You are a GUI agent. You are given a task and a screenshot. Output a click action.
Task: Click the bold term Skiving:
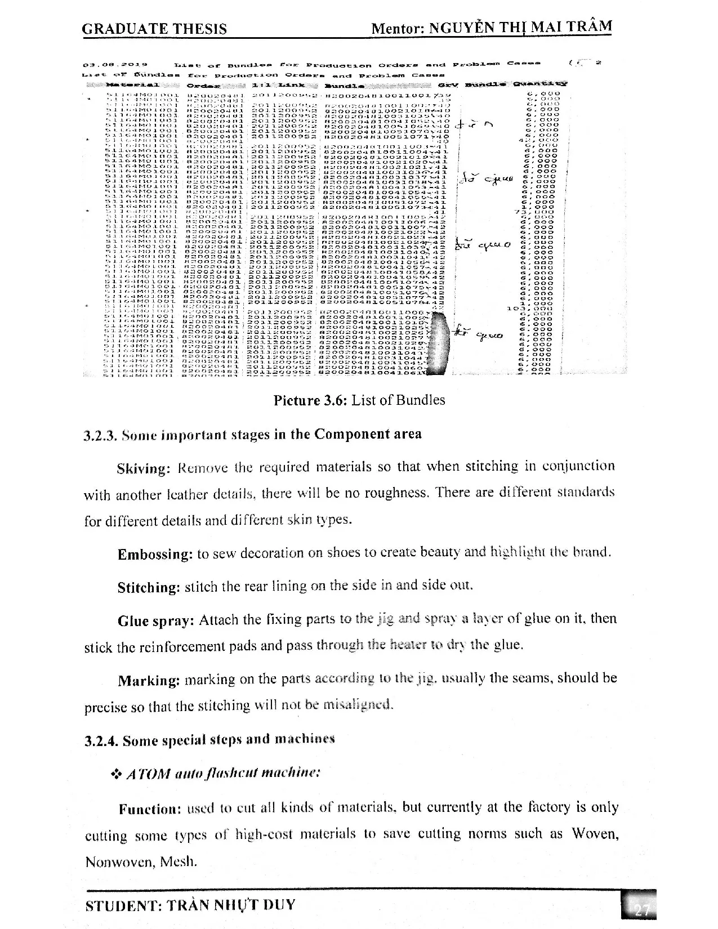pyautogui.click(x=143, y=469)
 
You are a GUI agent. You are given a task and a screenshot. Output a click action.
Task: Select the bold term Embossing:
pyautogui.click(x=155, y=555)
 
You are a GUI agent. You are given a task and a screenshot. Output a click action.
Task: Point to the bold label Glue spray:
pyautogui.click(x=156, y=622)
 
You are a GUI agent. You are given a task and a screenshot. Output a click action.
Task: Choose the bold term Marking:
pyautogui.click(x=149, y=681)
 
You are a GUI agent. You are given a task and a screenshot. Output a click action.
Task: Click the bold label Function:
pyautogui.click(x=149, y=810)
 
